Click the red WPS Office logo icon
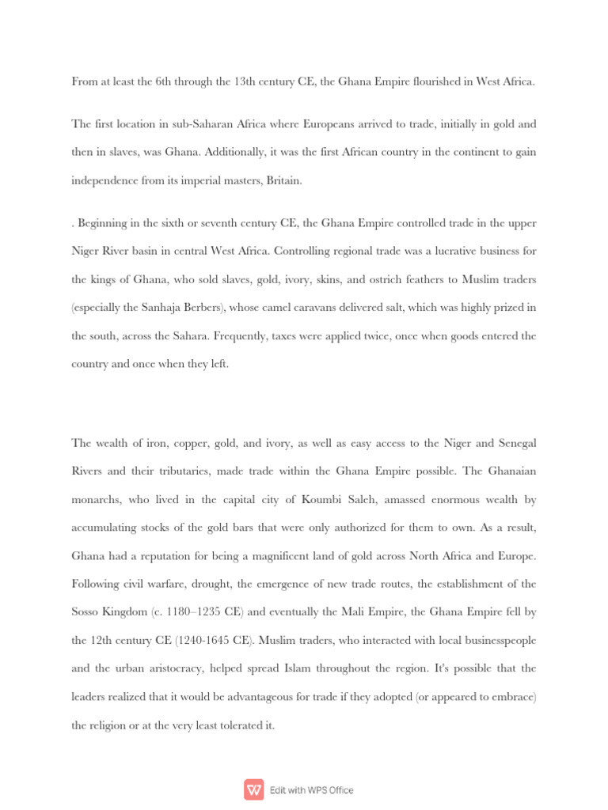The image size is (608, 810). [254, 789]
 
